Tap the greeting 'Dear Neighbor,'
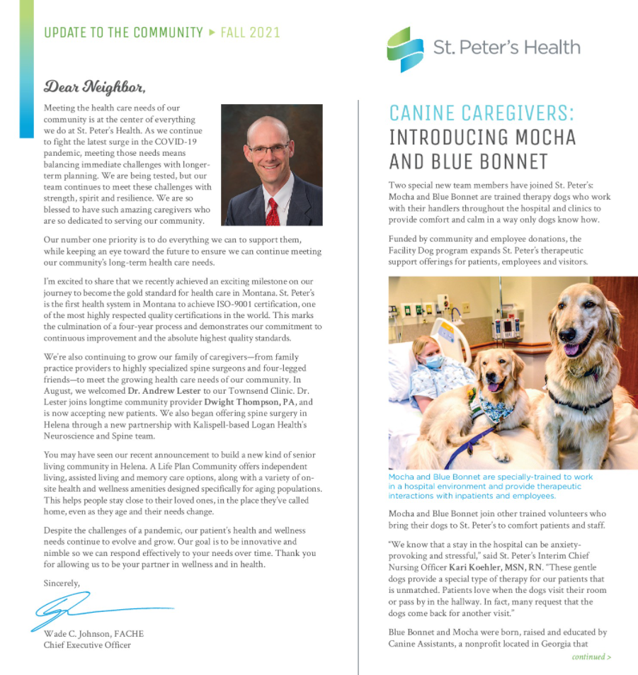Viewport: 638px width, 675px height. (94, 87)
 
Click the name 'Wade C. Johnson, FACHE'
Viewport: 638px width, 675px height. (93, 633)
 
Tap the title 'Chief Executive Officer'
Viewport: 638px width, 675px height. (87, 645)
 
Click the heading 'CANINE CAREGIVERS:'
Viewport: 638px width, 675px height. (482, 113)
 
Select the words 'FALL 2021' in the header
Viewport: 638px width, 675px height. (250, 33)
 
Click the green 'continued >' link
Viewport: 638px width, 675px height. (591, 657)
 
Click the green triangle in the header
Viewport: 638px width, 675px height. (211, 33)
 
